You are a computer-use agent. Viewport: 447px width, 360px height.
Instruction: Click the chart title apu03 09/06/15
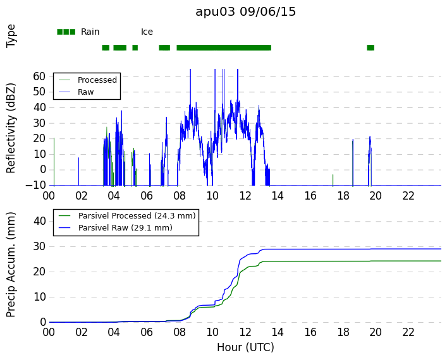pos(245,12)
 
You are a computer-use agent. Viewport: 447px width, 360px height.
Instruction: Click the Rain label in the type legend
pos(90,32)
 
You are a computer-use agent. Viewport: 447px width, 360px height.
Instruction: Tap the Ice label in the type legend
pos(147,32)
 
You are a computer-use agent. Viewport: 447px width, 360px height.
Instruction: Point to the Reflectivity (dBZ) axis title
pos(11,128)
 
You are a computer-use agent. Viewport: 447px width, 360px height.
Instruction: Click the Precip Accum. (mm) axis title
pos(11,265)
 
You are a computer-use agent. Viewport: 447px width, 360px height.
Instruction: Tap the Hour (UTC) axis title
pos(245,347)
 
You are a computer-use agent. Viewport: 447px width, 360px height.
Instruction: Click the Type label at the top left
pos(11,36)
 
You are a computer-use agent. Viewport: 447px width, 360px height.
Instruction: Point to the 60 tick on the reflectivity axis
pos(39,76)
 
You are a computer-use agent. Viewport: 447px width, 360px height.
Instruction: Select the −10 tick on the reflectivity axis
pos(35,186)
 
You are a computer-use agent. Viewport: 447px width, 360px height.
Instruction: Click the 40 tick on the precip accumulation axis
pos(39,221)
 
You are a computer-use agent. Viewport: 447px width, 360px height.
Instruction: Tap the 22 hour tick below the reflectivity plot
pos(408,196)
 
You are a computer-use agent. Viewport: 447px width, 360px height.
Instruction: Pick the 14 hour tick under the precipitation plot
pos(278,332)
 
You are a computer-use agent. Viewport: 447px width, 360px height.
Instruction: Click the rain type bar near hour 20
pos(370,47)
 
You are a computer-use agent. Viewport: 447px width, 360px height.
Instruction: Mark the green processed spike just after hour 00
pos(54,162)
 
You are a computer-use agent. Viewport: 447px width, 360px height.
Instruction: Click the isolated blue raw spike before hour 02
pos(78,171)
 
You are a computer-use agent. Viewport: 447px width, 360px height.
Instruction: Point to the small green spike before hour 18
pos(333,180)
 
